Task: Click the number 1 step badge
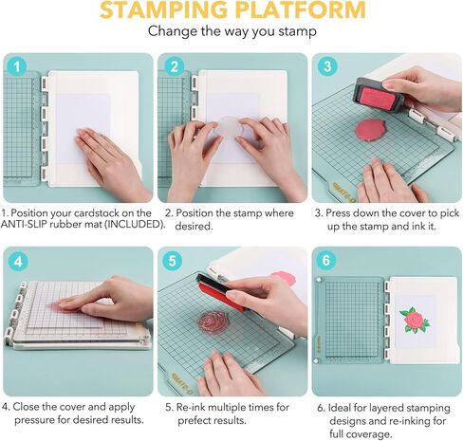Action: point(16,66)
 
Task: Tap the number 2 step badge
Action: point(174,66)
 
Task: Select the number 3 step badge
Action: point(327,66)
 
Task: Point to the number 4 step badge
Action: point(18,262)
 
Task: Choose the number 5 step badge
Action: point(172,261)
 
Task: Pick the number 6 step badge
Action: point(325,260)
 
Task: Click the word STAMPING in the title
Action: point(164,9)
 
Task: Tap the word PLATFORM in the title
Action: point(301,9)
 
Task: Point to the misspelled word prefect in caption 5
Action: point(194,421)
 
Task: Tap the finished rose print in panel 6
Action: point(415,320)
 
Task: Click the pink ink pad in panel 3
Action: point(379,95)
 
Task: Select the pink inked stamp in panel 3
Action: point(369,128)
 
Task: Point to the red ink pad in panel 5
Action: point(220,291)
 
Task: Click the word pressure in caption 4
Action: point(34,420)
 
